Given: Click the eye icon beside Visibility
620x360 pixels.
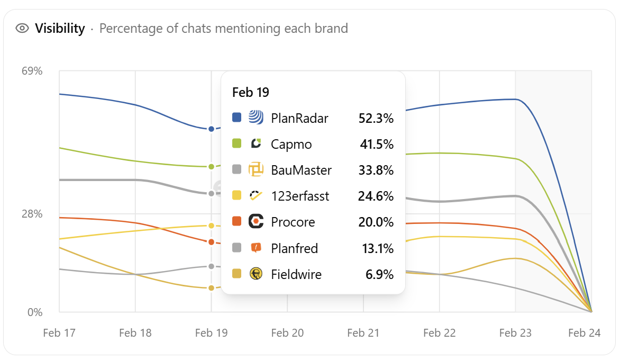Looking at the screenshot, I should click(x=22, y=28).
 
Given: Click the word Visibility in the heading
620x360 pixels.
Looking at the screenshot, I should click(x=60, y=28).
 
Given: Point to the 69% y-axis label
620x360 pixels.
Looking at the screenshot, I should click(x=32, y=71).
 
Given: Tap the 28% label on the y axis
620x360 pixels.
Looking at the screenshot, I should click(x=32, y=214).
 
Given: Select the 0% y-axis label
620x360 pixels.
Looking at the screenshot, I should click(x=35, y=312).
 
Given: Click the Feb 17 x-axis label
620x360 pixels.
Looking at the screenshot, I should click(x=59, y=333).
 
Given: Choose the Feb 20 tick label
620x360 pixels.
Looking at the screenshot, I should click(x=287, y=333).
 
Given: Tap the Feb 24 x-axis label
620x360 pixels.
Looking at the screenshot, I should click(x=584, y=333).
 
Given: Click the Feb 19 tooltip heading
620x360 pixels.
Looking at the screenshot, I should click(x=251, y=92).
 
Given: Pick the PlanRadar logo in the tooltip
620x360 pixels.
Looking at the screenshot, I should click(x=256, y=118).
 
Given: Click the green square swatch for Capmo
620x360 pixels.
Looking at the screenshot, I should click(x=237, y=143).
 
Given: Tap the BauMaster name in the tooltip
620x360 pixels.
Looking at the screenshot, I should click(x=301, y=170).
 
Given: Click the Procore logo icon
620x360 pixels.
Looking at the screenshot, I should click(x=256, y=222).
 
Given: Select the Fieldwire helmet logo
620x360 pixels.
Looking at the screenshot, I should click(x=256, y=274).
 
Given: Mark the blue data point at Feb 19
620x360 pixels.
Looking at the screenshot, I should click(x=211, y=129).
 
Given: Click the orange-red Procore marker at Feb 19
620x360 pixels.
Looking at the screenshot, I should click(x=211, y=242).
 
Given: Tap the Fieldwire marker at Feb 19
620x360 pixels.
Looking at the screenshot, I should click(x=211, y=288).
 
